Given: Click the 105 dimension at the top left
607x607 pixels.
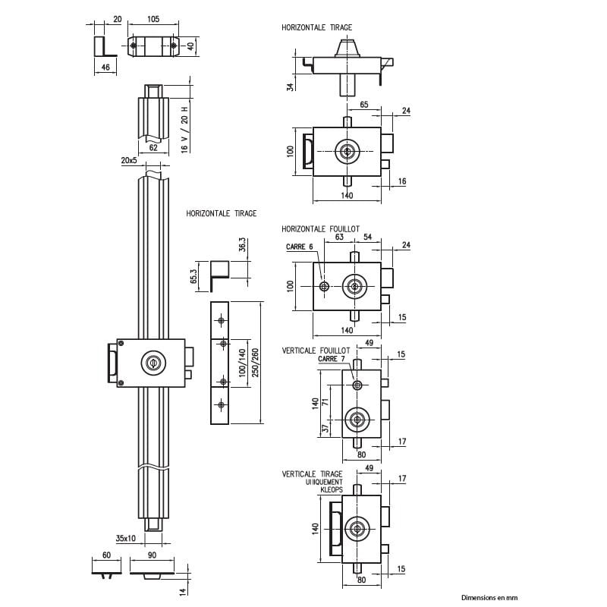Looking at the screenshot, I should click(153, 19).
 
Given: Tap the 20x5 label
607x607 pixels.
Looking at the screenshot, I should click(128, 161).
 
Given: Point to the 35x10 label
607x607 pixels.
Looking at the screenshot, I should click(126, 538).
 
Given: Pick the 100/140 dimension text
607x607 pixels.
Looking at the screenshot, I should click(243, 362).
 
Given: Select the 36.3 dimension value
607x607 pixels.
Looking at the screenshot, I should click(242, 248).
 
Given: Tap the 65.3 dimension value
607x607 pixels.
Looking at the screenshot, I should click(193, 277).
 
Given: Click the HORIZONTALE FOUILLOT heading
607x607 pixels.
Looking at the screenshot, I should click(320, 228).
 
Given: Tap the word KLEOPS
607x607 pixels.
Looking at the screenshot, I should click(331, 490).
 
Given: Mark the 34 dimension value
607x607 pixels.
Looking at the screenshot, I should click(290, 86).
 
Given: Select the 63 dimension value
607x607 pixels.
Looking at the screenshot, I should click(339, 237).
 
